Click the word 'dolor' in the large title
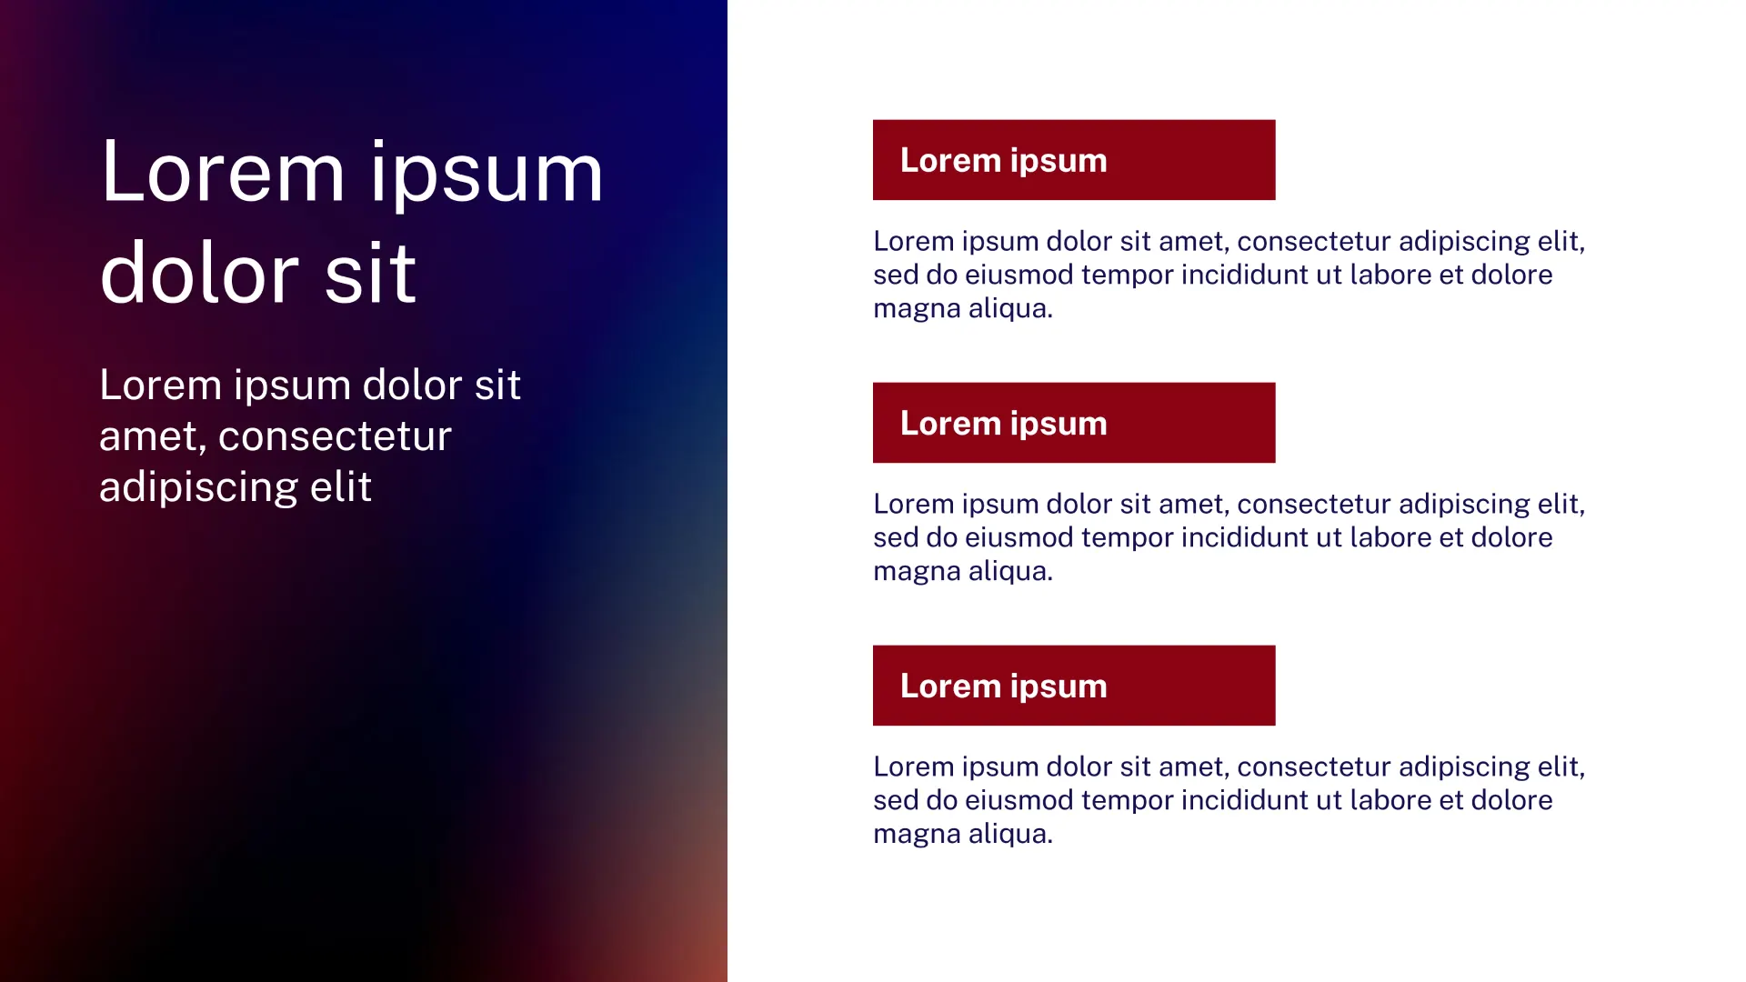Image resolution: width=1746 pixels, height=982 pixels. pos(199,272)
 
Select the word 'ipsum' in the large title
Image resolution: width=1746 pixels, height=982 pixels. pos(487,177)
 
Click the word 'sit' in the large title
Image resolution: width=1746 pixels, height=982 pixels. pos(370,272)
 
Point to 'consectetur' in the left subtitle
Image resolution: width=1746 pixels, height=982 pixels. pos(335,436)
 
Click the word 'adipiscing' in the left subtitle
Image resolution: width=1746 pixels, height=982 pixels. pos(198,487)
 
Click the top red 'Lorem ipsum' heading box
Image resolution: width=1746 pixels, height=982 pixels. pos(1074,160)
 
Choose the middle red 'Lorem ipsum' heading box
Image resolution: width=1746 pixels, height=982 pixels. pos(1074,423)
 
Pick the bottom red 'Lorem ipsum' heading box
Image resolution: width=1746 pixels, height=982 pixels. pos(1074,686)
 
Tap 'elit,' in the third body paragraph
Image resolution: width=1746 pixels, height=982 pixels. pos(1561,767)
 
